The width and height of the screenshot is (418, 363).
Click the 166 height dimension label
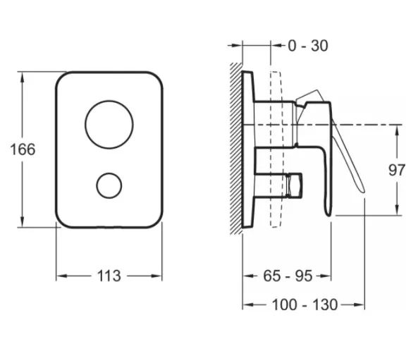click(23, 149)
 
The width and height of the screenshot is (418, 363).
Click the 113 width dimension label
click(109, 276)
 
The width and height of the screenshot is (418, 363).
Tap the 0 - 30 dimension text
click(308, 46)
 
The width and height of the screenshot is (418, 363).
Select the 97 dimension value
click(397, 170)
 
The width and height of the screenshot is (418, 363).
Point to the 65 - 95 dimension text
click(288, 276)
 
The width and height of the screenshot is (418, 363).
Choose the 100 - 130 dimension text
click(305, 304)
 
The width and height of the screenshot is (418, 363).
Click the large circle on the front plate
click(109, 101)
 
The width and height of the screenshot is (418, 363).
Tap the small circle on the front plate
click(109, 173)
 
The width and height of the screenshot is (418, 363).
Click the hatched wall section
click(236, 149)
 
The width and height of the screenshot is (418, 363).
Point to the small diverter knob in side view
click(295, 185)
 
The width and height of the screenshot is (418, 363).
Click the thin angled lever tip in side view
click(362, 190)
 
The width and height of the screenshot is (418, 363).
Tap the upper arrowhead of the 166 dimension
click(22, 78)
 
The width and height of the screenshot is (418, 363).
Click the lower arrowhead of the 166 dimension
click(22, 222)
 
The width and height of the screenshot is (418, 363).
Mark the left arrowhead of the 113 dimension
click(62, 276)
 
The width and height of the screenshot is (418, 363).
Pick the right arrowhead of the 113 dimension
click(156, 276)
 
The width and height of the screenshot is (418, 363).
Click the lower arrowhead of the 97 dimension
click(398, 209)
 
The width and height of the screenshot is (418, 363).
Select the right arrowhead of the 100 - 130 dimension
click(359, 304)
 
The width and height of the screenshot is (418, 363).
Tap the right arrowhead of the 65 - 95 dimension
click(325, 276)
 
